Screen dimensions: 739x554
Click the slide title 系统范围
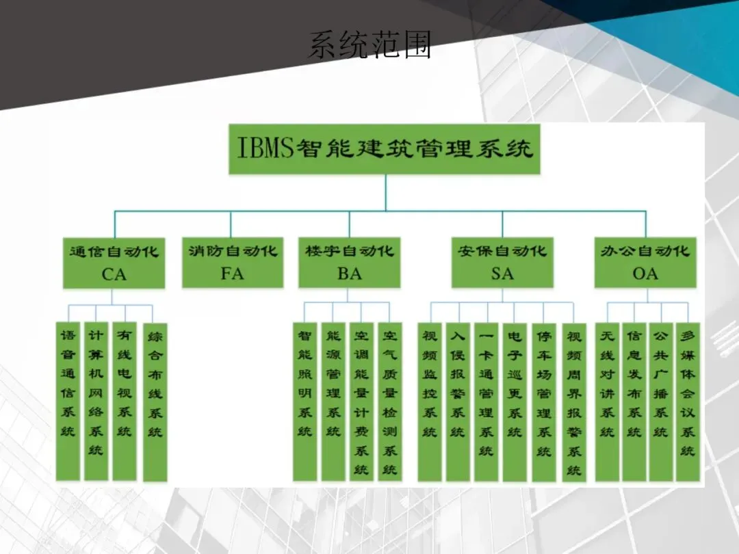(369, 45)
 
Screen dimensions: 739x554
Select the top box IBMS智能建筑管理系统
(385, 148)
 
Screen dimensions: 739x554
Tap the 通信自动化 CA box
(114, 262)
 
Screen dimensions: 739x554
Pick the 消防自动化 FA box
(233, 262)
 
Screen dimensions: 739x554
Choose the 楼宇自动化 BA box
(349, 262)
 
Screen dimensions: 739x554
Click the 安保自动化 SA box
(502, 262)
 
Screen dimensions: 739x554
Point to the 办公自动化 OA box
(645, 262)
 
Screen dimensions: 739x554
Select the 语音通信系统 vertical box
(68, 401)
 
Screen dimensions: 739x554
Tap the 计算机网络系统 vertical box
(96, 401)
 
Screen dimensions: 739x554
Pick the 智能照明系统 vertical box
(305, 401)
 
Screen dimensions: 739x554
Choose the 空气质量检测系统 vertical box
(390, 401)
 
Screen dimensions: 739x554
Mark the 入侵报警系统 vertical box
(458, 401)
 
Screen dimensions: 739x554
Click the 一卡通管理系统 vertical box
(486, 401)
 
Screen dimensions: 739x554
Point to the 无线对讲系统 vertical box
(607, 401)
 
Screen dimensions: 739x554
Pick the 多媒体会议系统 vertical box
(688, 401)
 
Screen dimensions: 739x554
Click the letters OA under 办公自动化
(645, 274)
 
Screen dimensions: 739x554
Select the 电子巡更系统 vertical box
(515, 401)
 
